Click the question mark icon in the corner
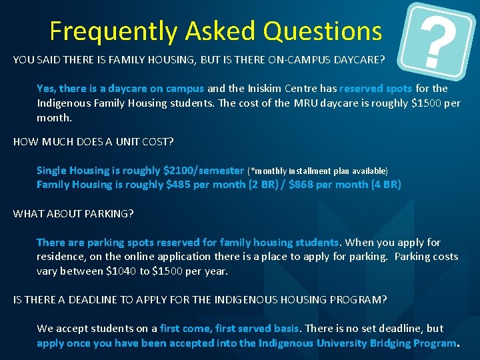pyautogui.click(x=439, y=37)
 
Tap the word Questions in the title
pyautogui.click(x=322, y=31)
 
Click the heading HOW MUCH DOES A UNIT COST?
pyautogui.click(x=94, y=142)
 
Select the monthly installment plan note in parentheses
pyautogui.click(x=317, y=171)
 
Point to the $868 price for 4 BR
pyautogui.click(x=302, y=185)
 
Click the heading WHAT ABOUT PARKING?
pyautogui.click(x=73, y=213)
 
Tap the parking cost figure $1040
pyautogui.click(x=121, y=271)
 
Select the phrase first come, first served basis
pyautogui.click(x=231, y=329)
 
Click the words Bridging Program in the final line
pyautogui.click(x=413, y=343)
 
